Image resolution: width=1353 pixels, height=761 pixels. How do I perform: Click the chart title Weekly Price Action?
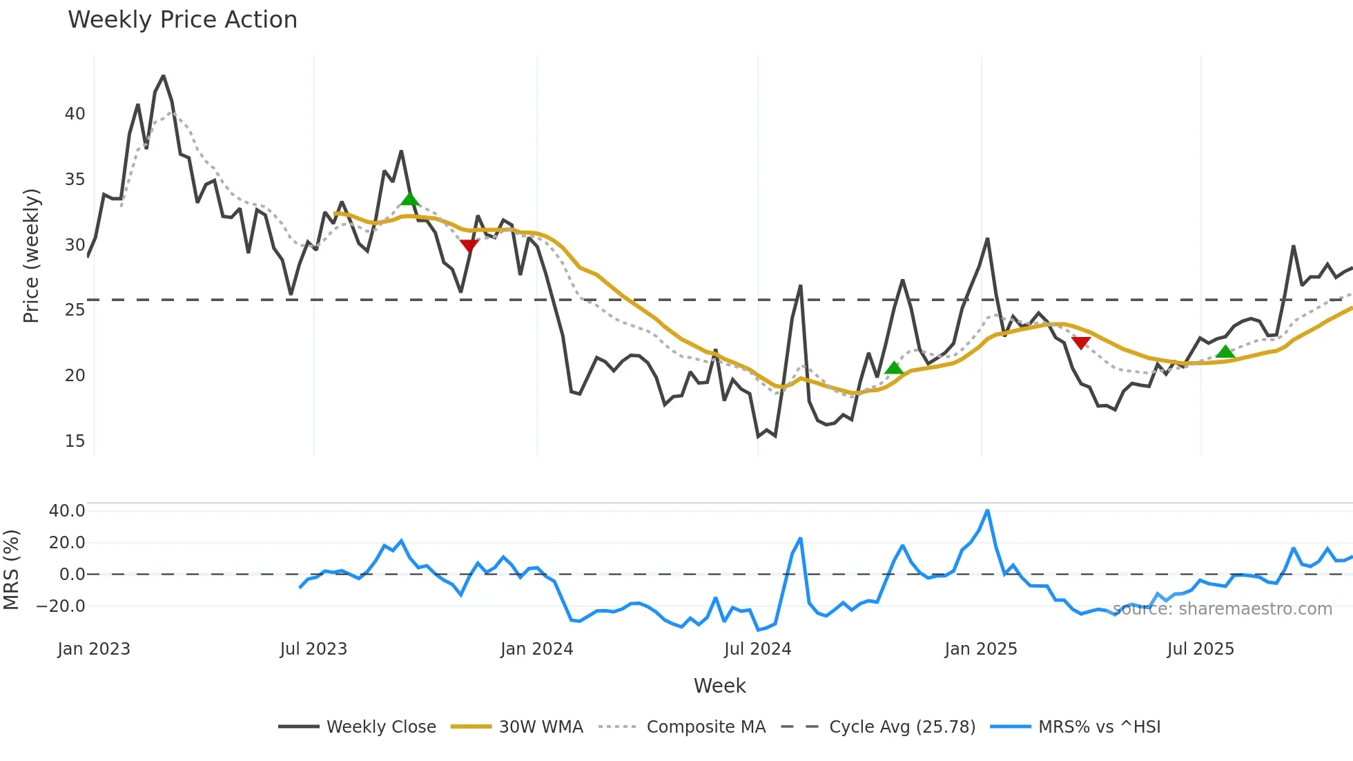[x=182, y=20]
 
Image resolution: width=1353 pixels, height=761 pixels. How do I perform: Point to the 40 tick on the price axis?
[x=75, y=114]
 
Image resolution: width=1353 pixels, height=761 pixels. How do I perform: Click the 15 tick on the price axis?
[x=75, y=441]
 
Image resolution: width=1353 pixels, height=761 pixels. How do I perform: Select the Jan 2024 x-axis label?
[x=536, y=649]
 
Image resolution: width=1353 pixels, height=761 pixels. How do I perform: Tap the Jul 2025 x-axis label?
[x=1200, y=649]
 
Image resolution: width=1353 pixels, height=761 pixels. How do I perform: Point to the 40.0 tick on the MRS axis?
[x=67, y=511]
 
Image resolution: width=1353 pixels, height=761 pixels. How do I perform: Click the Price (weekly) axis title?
[x=31, y=256]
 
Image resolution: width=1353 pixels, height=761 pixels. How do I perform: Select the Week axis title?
[x=719, y=686]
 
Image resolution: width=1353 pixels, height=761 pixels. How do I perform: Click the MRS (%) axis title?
[x=11, y=570]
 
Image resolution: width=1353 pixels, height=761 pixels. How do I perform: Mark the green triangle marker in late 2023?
[x=409, y=200]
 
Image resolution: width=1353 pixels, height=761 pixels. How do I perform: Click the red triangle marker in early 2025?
[x=1081, y=343]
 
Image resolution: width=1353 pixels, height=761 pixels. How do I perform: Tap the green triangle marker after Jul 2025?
[x=1225, y=351]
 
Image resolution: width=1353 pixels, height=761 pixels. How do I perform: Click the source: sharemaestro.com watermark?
[x=1222, y=609]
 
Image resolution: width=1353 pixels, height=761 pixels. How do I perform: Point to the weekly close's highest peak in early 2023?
[x=163, y=76]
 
